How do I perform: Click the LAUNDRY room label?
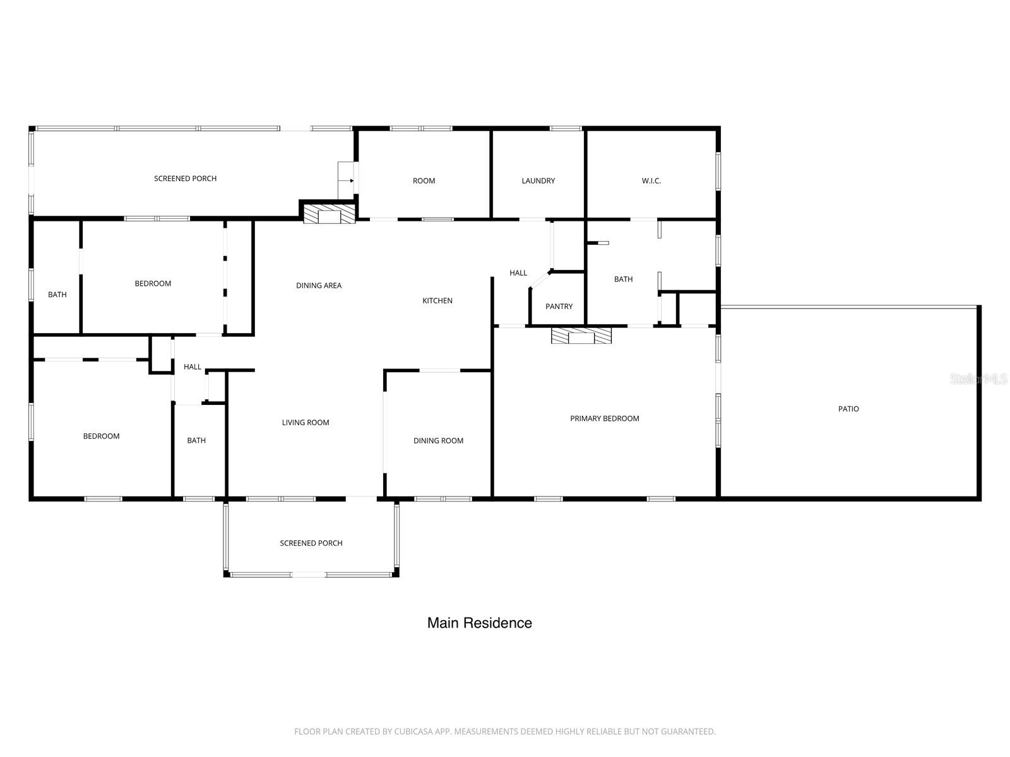click(x=538, y=181)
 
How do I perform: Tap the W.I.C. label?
click(x=651, y=181)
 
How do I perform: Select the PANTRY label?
click(x=559, y=307)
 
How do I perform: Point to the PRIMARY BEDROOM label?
click(x=604, y=419)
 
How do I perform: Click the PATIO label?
click(x=848, y=409)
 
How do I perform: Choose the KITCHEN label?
click(x=437, y=301)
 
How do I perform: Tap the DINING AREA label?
click(x=318, y=286)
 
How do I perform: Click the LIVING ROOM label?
click(x=305, y=423)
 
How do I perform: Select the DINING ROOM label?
click(x=438, y=441)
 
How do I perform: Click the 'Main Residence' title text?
click(x=479, y=623)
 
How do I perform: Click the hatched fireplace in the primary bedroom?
click(x=581, y=336)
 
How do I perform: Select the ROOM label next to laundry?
click(x=424, y=181)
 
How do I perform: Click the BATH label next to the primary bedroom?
click(x=623, y=279)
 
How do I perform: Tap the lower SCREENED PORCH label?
click(x=311, y=543)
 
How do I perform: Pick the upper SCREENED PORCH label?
click(x=185, y=179)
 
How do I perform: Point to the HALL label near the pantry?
click(x=518, y=273)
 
